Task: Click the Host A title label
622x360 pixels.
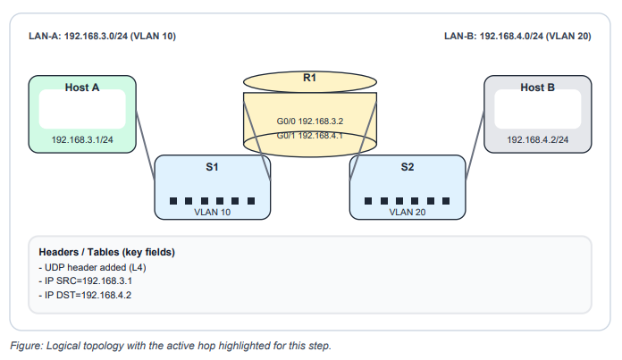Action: pos(82,88)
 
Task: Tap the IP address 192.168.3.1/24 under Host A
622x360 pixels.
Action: pos(82,140)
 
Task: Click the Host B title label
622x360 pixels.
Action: pos(537,88)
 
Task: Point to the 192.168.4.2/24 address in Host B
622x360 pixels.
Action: pos(537,140)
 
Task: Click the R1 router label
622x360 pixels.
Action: pos(310,79)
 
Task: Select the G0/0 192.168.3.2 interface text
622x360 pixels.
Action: pos(310,120)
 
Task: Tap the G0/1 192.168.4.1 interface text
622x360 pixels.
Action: pos(310,136)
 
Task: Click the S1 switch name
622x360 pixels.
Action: pos(213,167)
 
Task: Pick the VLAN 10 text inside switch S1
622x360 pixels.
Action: pos(213,213)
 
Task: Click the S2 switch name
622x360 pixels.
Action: pos(408,167)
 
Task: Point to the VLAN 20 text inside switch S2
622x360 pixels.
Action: pos(408,213)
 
